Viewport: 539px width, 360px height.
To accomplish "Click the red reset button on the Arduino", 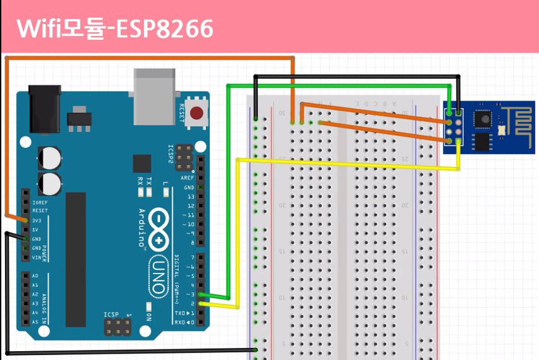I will [197, 114].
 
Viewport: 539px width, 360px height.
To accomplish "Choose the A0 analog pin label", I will [35, 276].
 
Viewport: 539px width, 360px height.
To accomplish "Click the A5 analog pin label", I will [35, 322].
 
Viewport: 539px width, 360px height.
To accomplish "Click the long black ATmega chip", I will [75, 259].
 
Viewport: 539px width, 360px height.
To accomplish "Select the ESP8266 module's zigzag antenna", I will [519, 119].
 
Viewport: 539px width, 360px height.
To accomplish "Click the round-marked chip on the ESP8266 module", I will [483, 117].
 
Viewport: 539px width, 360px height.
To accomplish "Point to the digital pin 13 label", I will [190, 196].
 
